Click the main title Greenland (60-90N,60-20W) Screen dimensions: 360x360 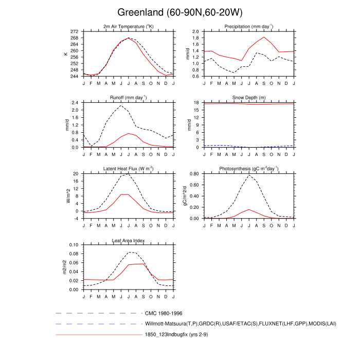click(179, 12)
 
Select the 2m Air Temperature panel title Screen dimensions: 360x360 click(129, 26)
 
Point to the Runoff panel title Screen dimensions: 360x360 click(129, 97)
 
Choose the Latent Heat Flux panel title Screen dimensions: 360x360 click(129, 169)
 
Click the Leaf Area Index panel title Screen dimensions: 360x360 click(129, 240)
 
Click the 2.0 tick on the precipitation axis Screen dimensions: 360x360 click(196, 31)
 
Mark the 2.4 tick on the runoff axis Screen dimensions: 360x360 click(76, 103)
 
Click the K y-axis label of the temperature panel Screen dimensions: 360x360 click(66, 53)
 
